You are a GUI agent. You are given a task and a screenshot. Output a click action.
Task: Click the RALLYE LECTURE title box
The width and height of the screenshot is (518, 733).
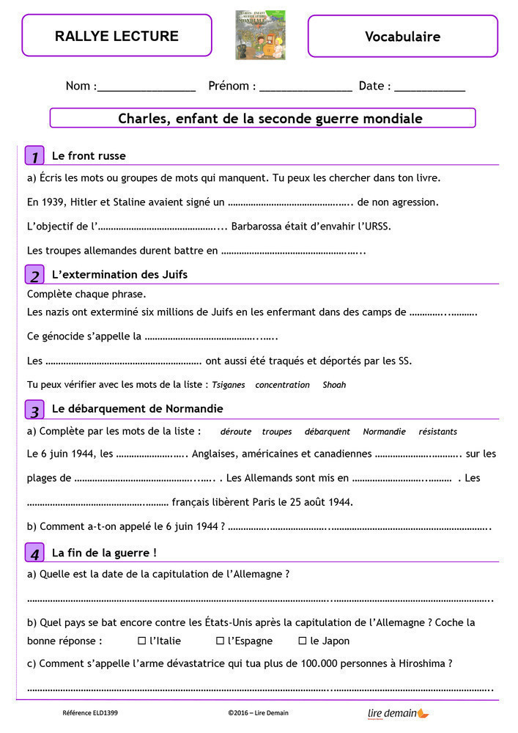tap(116, 36)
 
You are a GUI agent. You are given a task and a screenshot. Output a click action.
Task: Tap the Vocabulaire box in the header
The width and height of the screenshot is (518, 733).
tap(402, 36)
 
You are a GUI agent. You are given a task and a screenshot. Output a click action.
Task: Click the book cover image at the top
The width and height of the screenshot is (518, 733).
tap(260, 34)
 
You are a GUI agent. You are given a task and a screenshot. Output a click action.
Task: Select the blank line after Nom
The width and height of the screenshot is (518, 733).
tap(147, 88)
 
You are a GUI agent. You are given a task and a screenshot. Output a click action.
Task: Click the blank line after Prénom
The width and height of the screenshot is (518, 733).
tap(306, 88)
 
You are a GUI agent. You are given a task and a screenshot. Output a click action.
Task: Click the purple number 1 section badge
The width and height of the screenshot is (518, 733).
tap(34, 156)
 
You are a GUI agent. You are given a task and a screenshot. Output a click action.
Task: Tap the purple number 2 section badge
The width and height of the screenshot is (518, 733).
tap(34, 276)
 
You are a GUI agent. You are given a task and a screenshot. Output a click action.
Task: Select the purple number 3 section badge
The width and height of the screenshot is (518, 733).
tap(34, 410)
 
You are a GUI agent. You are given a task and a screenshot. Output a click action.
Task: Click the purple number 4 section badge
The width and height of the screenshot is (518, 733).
tap(34, 553)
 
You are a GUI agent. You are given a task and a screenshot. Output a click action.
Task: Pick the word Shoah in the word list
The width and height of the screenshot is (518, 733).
tap(334, 385)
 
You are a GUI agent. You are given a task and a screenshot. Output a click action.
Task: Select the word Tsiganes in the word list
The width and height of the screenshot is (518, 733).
tap(229, 385)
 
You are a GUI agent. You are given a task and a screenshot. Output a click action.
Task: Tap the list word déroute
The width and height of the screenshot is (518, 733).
tap(236, 432)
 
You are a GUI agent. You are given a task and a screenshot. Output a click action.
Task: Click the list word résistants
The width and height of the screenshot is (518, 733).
tap(437, 432)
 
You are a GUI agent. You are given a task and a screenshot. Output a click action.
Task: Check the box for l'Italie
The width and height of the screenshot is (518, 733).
tap(142, 641)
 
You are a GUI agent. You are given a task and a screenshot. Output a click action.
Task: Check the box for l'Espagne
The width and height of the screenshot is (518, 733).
tap(220, 641)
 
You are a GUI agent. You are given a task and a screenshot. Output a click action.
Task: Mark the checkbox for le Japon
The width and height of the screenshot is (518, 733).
tap(303, 641)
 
